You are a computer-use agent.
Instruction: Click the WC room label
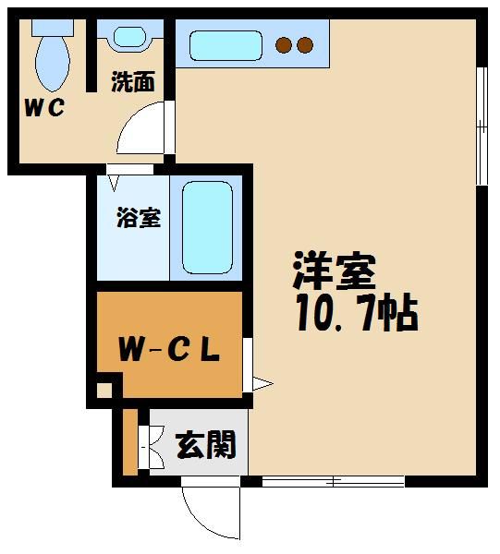[x=43, y=107]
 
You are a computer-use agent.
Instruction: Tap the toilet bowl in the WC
[x=52, y=61]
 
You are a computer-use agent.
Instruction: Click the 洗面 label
[x=132, y=82]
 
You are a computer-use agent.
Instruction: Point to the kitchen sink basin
[x=226, y=44]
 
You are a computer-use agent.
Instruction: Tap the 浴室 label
[x=138, y=219]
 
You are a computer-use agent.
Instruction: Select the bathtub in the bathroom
[x=207, y=227]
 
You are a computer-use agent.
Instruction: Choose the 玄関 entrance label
[x=203, y=447]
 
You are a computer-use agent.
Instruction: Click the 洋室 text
[x=335, y=272]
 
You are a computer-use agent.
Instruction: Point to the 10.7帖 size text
[x=357, y=315]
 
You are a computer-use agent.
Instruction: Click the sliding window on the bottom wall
[x=333, y=480]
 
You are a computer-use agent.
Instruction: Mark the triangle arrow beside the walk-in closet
[x=262, y=381]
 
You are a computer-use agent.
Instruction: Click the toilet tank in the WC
[x=51, y=27]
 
